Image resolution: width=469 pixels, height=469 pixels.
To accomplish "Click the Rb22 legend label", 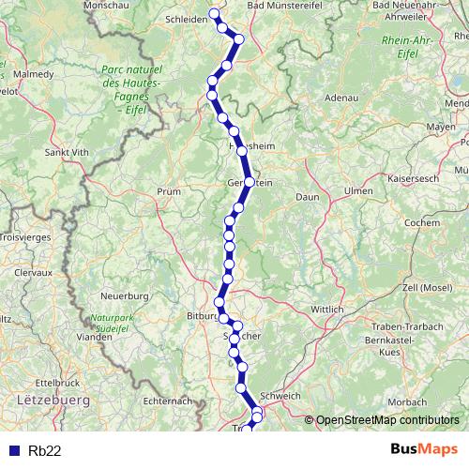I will click(x=44, y=451).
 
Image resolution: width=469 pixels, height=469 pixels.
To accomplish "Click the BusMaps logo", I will click(x=423, y=450).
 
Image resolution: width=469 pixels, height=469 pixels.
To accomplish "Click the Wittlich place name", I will click(x=326, y=309).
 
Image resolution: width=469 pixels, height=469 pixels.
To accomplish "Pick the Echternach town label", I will click(x=168, y=401).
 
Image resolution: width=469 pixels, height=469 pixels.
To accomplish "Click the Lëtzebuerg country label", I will click(x=52, y=400).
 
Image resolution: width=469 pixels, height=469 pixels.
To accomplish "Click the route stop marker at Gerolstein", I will click(x=250, y=182).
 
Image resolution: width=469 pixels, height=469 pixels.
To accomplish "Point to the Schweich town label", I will click(x=280, y=395).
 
